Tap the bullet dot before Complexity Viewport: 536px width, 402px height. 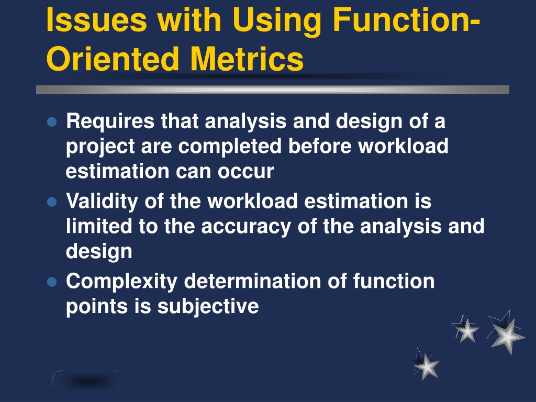pos(51,282)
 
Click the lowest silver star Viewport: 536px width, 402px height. pos(426,366)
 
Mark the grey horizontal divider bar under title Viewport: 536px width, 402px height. pos(272,90)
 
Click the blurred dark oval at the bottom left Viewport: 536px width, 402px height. pos(86,381)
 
